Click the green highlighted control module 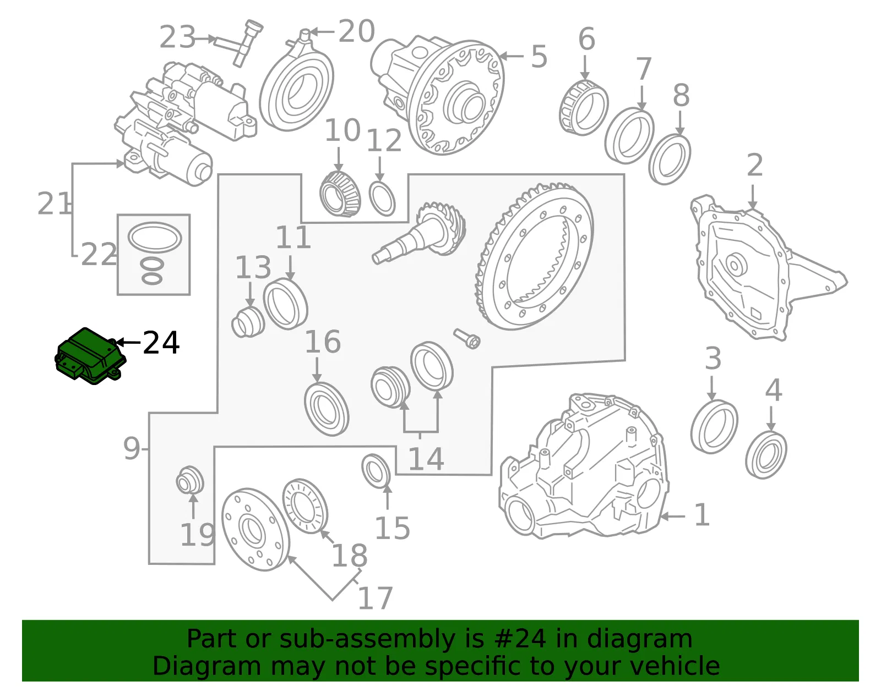[x=90, y=356]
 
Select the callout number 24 [x=161, y=343]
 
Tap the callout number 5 [x=539, y=56]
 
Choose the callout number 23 [x=178, y=36]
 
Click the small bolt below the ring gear [x=467, y=338]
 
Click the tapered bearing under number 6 [x=584, y=108]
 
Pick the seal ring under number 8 [x=670, y=160]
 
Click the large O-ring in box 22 [x=155, y=238]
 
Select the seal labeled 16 [x=327, y=409]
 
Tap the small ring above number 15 [x=376, y=471]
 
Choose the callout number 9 [x=132, y=449]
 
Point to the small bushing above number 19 [x=190, y=480]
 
